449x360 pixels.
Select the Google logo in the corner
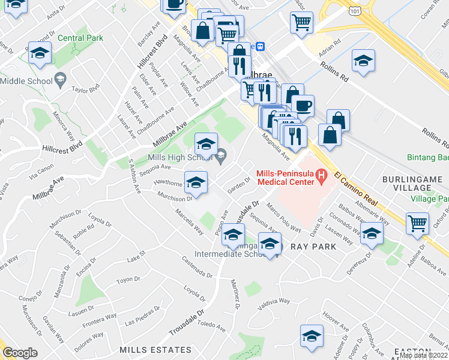click(20, 353)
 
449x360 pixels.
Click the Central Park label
click(80, 38)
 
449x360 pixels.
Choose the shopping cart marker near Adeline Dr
click(417, 223)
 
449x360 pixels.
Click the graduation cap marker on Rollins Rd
click(363, 61)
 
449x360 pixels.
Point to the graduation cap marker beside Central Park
click(40, 54)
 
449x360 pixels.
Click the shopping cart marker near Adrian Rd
click(301, 22)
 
